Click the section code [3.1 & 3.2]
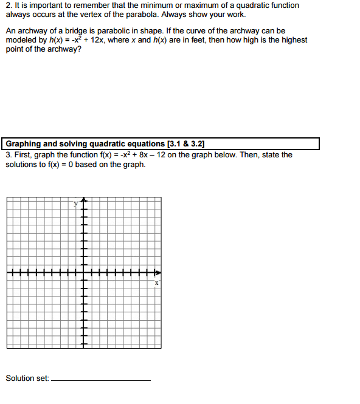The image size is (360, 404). (x=185, y=144)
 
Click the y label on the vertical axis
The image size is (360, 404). (x=76, y=204)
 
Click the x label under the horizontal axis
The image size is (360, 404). (x=156, y=283)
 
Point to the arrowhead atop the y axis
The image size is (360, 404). (x=84, y=200)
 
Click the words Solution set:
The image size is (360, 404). (x=27, y=378)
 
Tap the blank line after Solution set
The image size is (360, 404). (x=102, y=380)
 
